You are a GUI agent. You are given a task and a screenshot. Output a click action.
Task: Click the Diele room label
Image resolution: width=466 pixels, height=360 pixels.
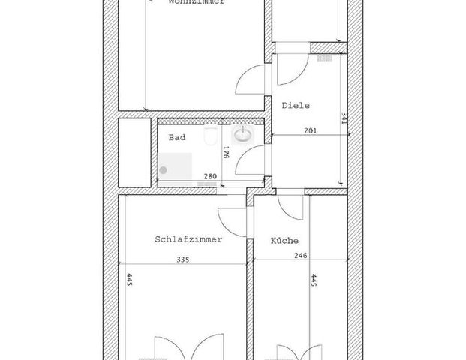[x=296, y=106]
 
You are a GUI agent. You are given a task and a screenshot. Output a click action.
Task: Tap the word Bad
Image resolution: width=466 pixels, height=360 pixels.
[x=177, y=138]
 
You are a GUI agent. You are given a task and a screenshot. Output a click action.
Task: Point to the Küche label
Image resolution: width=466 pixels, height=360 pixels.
[x=284, y=241]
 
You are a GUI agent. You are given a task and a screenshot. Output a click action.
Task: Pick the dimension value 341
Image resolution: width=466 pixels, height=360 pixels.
[x=344, y=123]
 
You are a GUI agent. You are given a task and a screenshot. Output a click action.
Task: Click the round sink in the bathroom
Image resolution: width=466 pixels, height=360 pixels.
[x=243, y=136]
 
